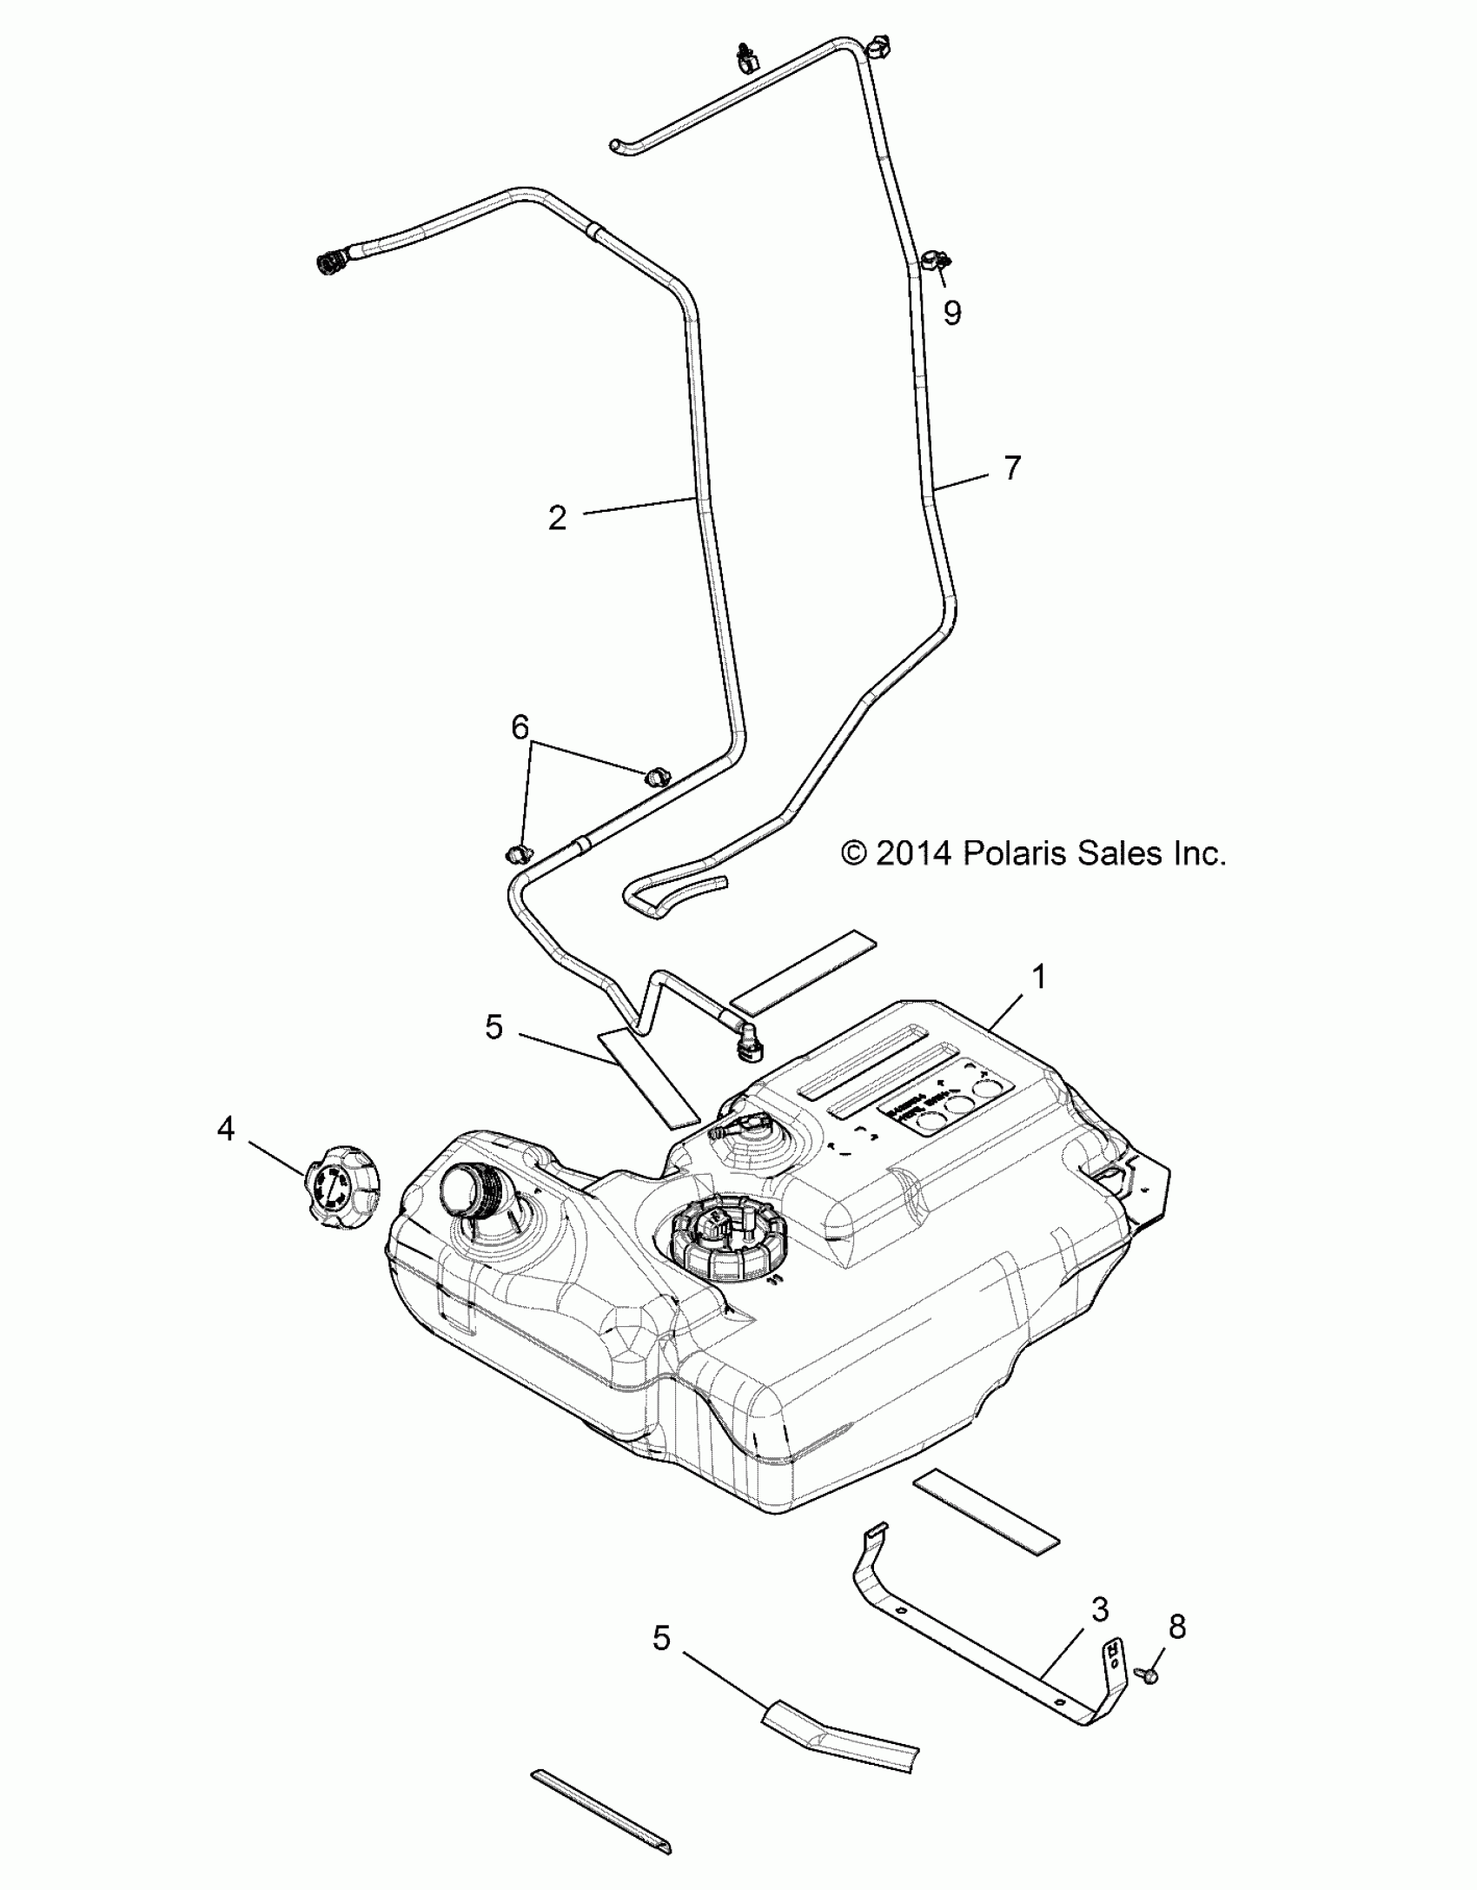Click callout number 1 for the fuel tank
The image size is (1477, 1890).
[1038, 978]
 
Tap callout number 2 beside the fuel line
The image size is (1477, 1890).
[558, 519]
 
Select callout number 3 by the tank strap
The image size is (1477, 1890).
[1100, 1609]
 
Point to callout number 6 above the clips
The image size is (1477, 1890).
[520, 727]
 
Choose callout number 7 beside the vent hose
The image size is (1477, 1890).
[1012, 468]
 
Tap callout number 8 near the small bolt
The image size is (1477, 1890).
[1177, 1626]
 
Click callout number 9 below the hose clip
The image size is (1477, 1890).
[953, 313]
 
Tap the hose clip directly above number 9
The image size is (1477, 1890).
[937, 259]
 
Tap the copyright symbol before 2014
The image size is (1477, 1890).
[855, 854]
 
